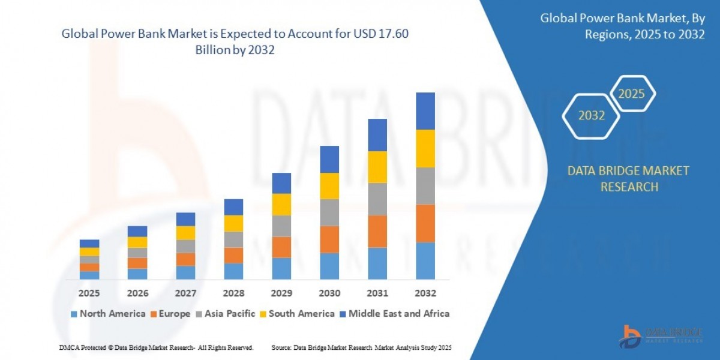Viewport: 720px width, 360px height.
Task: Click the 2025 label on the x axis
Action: tap(89, 293)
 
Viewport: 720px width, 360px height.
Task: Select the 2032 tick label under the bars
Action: tap(425, 293)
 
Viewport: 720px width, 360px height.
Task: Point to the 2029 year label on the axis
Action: tap(281, 293)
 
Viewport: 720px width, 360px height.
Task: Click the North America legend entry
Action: tap(108, 313)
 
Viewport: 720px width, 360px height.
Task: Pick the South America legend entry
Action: tap(296, 313)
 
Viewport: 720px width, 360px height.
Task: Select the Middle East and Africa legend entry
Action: tap(394, 313)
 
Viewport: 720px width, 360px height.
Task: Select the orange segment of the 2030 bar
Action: tap(329, 239)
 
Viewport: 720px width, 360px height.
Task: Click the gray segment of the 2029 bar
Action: tap(281, 226)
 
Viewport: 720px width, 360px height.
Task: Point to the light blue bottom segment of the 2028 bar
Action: tap(233, 271)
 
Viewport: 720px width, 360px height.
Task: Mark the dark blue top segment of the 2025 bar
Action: tap(89, 244)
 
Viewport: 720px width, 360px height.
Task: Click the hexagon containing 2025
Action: tap(631, 94)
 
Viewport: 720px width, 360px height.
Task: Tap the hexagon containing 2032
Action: tap(592, 116)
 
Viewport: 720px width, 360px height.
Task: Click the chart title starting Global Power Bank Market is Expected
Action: tap(235, 42)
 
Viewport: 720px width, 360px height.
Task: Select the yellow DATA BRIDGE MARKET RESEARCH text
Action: tap(628, 179)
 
